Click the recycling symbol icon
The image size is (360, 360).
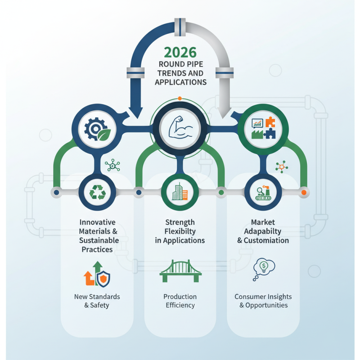coord(97,192)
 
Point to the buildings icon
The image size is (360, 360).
coord(180,192)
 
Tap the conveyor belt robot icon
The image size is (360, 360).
coord(263,192)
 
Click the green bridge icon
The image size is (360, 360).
coord(180,271)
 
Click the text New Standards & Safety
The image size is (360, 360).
coord(97,301)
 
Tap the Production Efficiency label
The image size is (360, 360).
coord(180,301)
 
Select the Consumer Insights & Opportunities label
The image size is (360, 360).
coord(263,301)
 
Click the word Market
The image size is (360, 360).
coord(263,222)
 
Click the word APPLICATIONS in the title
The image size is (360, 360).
coord(180,82)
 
